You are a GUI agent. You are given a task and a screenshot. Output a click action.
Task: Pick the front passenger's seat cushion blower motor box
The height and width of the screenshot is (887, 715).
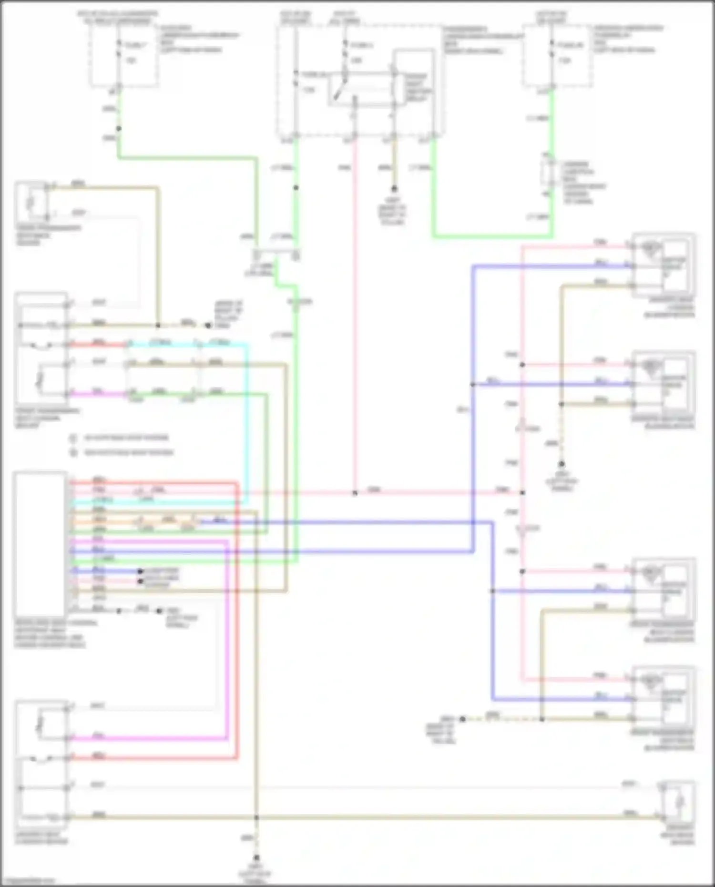pos(663,591)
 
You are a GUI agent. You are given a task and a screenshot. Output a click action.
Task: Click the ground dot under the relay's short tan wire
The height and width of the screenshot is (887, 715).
pos(394,189)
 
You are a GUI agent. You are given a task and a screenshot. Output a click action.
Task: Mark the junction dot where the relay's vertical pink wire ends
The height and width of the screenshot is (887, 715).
pos(355,493)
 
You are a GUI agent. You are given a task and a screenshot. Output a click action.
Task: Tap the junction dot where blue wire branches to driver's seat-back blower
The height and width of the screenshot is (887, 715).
pos(473,384)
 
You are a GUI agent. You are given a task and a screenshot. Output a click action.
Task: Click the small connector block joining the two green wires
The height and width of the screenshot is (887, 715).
pos(276,256)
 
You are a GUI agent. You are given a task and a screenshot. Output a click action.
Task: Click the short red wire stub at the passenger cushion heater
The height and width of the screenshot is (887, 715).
pos(98,344)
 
